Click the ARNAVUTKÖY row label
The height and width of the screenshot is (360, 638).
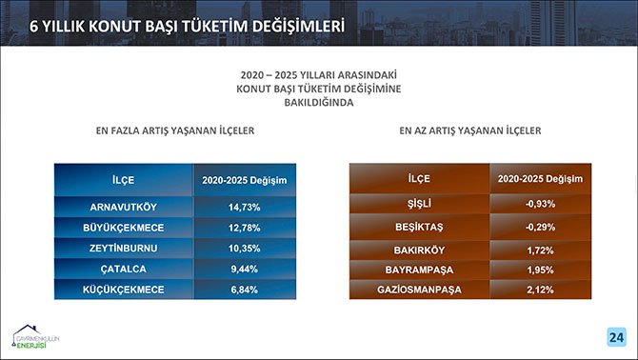[x=123, y=207]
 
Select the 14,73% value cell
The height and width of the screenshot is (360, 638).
[x=245, y=207]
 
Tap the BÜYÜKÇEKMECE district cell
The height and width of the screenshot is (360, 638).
[x=123, y=228]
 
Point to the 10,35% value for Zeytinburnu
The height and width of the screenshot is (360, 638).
[x=245, y=248]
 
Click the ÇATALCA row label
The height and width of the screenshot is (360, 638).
[x=123, y=268]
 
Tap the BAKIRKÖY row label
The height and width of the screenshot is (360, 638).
[x=419, y=250]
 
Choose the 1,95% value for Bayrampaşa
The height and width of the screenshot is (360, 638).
[x=539, y=270]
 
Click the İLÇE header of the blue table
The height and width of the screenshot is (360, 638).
[x=123, y=179]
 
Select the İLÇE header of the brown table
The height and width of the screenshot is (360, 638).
[x=419, y=178]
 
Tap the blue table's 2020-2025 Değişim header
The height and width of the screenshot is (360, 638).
[x=245, y=179]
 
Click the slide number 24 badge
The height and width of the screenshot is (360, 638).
[x=615, y=337]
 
